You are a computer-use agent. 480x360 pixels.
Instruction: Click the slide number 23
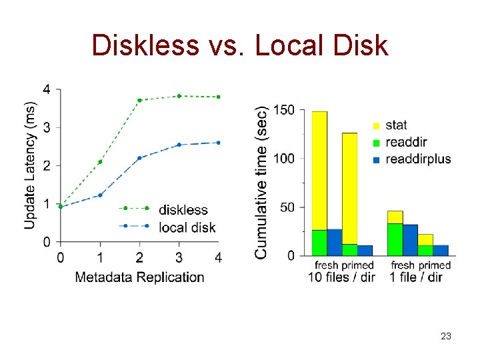(x=446, y=337)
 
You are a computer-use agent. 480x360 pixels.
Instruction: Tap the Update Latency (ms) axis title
(x=30, y=165)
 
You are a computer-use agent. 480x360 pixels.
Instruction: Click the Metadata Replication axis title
(x=139, y=277)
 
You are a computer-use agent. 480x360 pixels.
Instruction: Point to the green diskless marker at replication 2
(x=139, y=100)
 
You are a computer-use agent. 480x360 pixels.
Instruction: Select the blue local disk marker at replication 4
(x=218, y=142)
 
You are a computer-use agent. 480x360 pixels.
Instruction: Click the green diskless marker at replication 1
(x=100, y=161)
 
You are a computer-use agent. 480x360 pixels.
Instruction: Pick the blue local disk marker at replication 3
(x=179, y=144)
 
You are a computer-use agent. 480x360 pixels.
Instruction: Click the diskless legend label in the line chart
(x=183, y=210)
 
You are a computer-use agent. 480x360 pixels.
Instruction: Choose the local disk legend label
(x=187, y=227)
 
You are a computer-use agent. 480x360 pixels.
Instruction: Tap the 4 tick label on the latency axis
(x=46, y=89)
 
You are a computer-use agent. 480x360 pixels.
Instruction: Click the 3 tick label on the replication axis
(x=179, y=257)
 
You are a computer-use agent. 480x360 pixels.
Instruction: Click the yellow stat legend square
(x=376, y=125)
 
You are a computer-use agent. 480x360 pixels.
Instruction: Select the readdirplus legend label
(x=418, y=159)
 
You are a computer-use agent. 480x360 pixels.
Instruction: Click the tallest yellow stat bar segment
(x=319, y=171)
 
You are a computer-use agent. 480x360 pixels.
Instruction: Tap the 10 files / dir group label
(x=341, y=277)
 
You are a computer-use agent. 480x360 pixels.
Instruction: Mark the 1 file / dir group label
(x=421, y=277)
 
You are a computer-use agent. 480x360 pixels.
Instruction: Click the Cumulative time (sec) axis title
(x=262, y=182)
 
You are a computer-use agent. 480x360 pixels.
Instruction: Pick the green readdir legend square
(x=376, y=142)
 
